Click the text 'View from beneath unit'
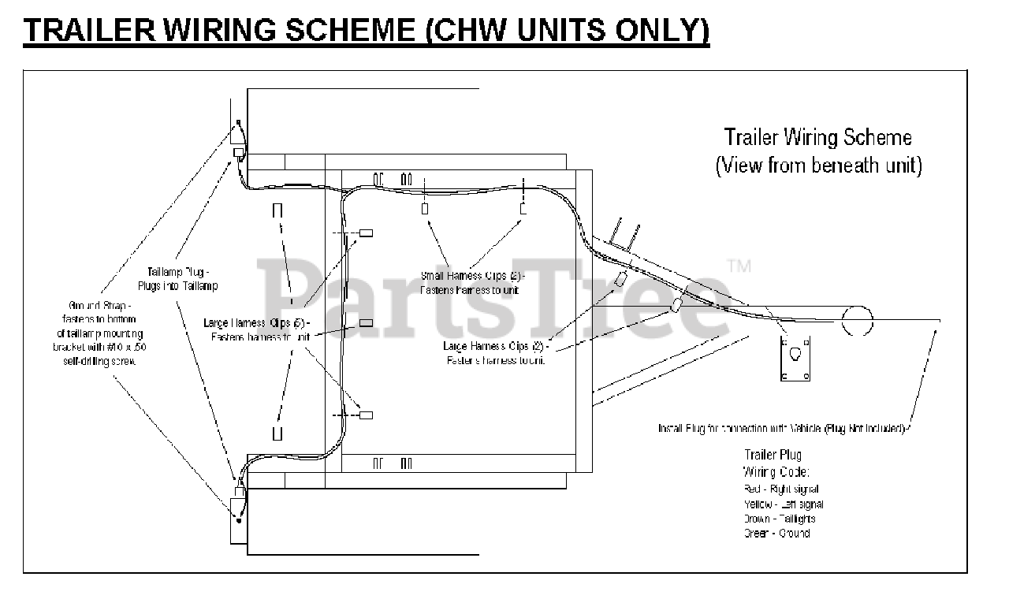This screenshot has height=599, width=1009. [x=817, y=166]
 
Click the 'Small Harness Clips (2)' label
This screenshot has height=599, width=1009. [x=472, y=282]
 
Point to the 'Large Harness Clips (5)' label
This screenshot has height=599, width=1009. [x=257, y=329]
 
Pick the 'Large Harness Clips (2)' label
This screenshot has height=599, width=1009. [x=495, y=352]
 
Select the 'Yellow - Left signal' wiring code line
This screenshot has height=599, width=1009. [x=783, y=504]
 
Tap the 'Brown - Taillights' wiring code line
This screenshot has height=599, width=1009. [x=779, y=519]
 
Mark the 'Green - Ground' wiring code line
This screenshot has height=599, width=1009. [x=776, y=534]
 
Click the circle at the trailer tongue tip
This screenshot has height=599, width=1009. [x=857, y=319]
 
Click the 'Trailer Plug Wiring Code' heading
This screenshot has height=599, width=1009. [x=776, y=463]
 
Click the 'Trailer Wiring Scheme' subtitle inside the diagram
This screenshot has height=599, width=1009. [x=817, y=137]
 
